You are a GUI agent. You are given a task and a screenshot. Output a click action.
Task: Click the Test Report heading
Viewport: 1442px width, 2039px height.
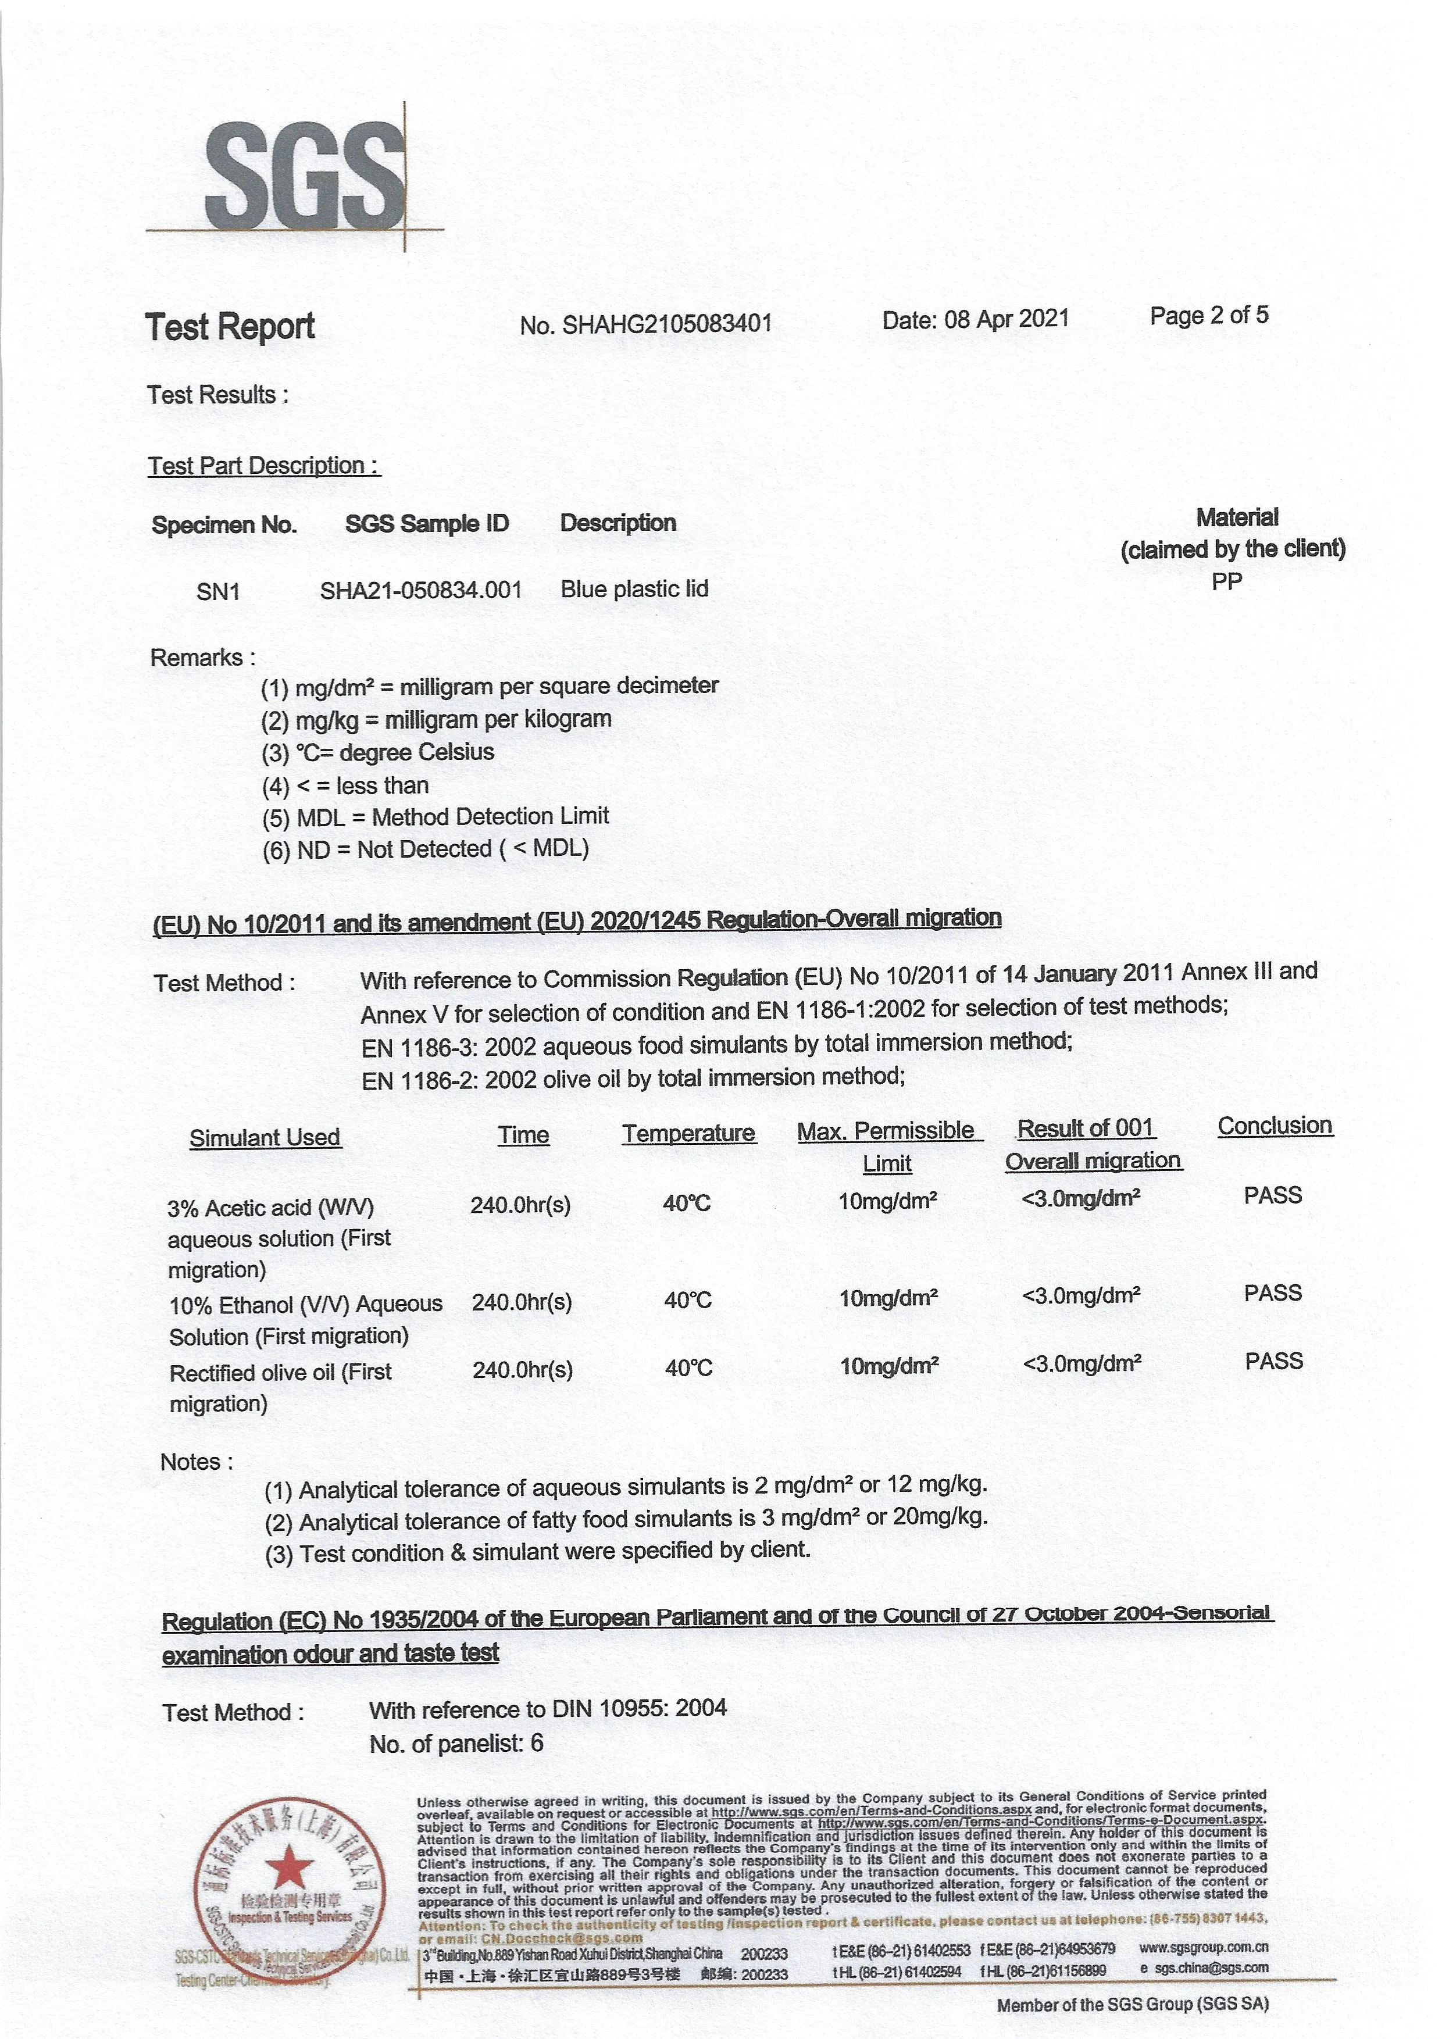[230, 326]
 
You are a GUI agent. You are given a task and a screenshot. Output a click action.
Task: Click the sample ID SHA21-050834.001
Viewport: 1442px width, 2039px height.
[421, 590]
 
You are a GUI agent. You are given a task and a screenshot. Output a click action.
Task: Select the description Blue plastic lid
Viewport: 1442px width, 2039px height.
[634, 589]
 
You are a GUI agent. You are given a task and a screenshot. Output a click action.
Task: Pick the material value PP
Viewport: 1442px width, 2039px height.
[1227, 581]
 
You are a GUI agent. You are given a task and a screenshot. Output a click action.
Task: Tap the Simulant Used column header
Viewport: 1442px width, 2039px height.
[265, 1138]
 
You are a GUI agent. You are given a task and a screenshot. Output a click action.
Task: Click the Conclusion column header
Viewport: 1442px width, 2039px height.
[1274, 1126]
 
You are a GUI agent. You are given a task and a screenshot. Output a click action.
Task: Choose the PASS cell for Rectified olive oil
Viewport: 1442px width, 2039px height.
[1273, 1362]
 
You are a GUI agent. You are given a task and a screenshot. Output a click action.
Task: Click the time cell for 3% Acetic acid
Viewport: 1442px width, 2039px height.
[520, 1205]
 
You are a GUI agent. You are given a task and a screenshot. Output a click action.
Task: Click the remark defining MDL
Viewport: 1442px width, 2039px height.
[435, 817]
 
